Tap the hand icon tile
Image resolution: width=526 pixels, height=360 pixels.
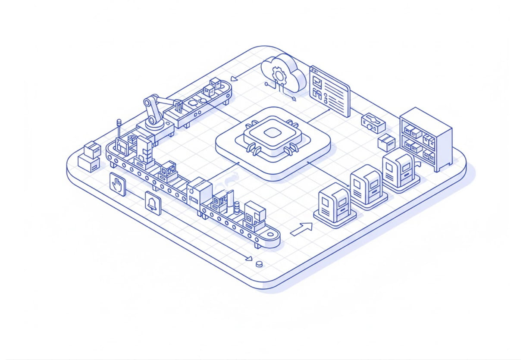(x=117, y=185)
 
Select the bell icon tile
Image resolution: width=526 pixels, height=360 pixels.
(x=153, y=203)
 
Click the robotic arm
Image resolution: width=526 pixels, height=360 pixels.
(x=156, y=111)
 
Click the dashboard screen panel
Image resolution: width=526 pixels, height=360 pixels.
(x=330, y=91)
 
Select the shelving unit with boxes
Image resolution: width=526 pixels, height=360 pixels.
(x=426, y=139)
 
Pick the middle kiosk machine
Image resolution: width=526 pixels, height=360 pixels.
(x=366, y=185)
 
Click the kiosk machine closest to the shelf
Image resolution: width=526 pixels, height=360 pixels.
(x=399, y=168)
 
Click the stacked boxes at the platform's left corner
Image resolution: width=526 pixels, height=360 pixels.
(x=90, y=157)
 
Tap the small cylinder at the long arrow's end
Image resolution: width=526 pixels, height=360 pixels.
(x=259, y=264)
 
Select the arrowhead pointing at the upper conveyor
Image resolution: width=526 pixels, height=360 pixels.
(x=234, y=79)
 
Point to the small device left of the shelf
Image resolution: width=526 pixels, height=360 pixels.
(x=373, y=122)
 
